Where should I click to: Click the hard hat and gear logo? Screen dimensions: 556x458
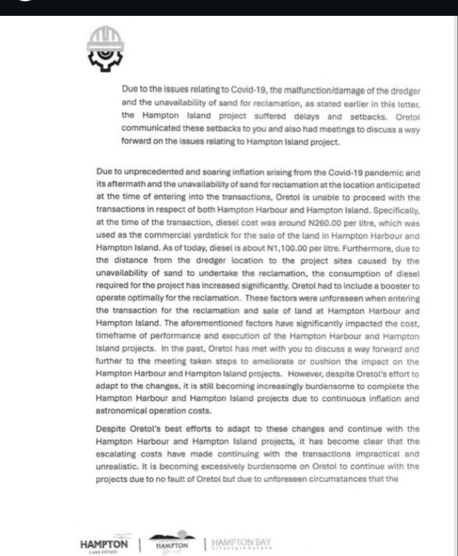click(x=104, y=49)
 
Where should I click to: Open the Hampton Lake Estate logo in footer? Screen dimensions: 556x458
click(x=104, y=545)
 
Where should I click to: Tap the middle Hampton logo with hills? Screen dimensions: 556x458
click(x=172, y=541)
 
